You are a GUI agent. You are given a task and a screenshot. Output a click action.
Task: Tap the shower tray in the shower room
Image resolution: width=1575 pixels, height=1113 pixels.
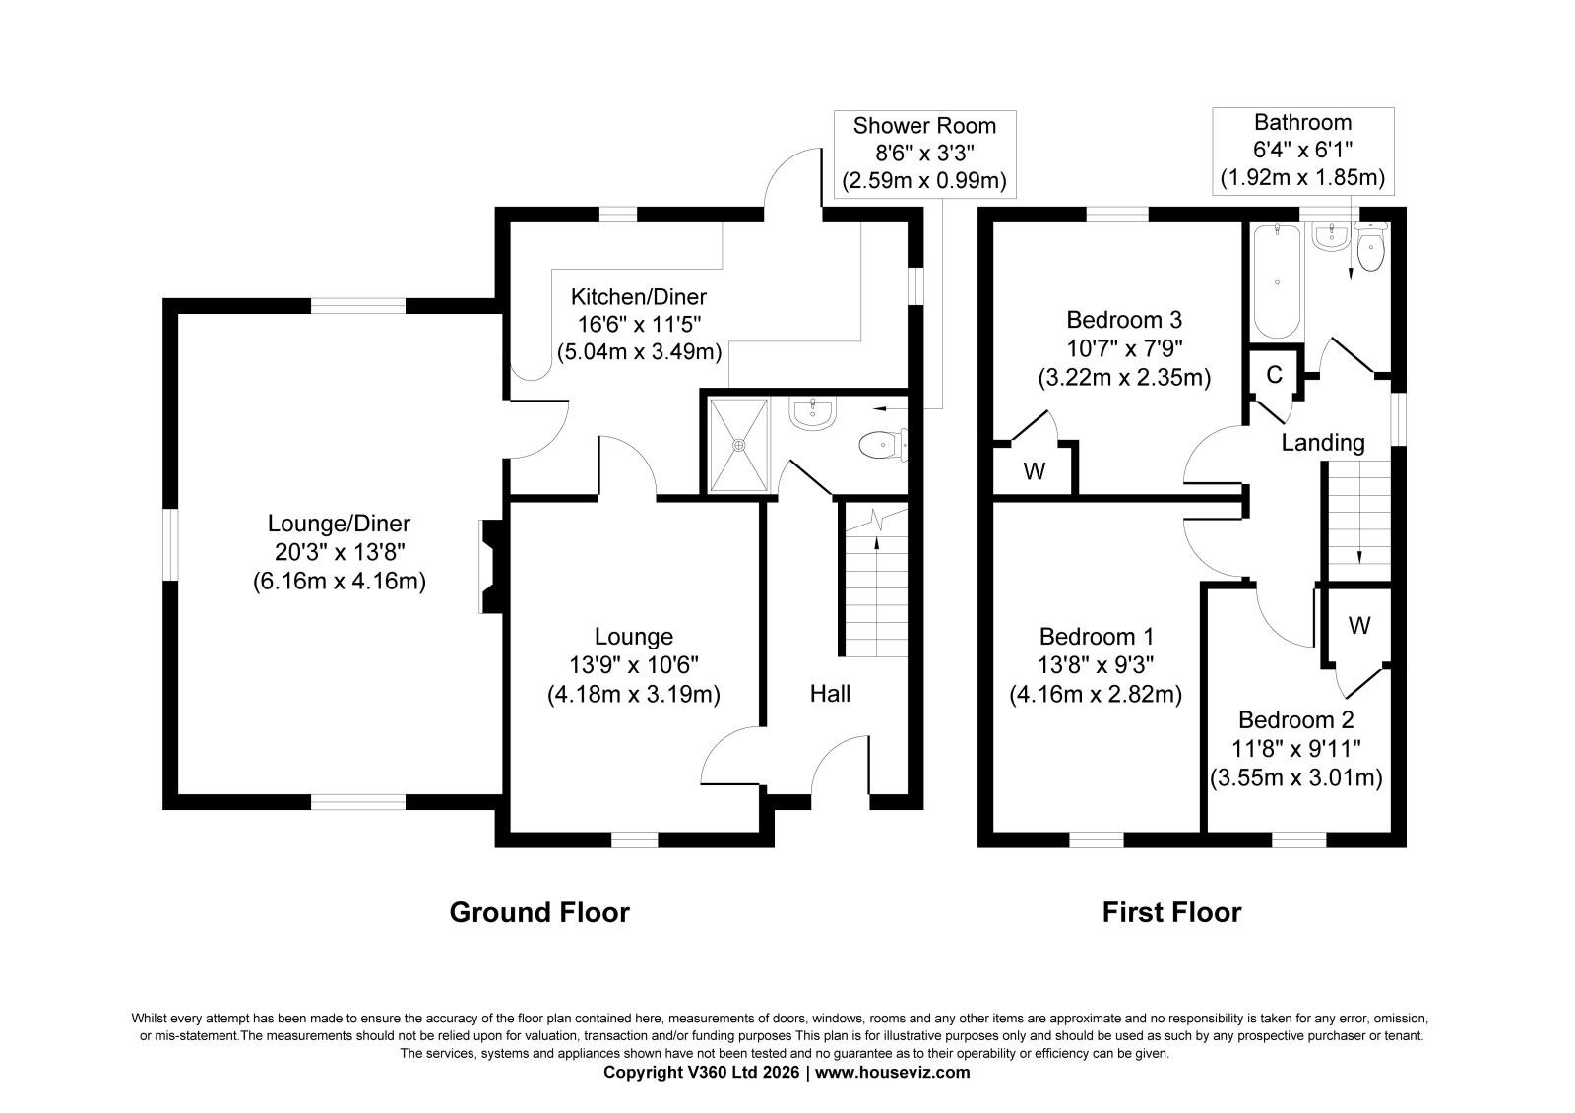[738, 445]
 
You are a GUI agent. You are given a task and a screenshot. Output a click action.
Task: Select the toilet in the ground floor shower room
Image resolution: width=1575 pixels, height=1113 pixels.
[883, 445]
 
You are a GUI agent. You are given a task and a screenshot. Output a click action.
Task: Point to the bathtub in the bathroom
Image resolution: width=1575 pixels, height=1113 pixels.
[1277, 281]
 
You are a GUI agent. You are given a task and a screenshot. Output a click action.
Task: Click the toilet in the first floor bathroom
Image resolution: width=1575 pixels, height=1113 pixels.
[1370, 247]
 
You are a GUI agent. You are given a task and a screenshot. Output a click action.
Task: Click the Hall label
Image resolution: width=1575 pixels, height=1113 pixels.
[830, 694]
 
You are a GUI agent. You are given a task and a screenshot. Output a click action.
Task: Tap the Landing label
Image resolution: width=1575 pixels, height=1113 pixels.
[1323, 443]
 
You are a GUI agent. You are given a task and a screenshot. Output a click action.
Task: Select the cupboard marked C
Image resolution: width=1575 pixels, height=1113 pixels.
[1274, 375]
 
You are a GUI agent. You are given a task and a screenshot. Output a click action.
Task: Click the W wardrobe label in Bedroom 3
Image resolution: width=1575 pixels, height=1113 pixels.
[1035, 471]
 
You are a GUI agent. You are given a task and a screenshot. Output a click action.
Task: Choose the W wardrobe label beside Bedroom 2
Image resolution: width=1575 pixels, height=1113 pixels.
[1359, 625]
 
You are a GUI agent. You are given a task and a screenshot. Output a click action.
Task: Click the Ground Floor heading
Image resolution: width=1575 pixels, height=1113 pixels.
[539, 912]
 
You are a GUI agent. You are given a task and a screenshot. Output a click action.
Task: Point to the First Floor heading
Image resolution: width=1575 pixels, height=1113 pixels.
[1171, 912]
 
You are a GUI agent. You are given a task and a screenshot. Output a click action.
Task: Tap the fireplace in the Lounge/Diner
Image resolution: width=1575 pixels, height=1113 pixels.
[492, 566]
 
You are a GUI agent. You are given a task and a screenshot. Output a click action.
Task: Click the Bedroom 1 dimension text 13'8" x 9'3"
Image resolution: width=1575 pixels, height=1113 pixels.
[1097, 665]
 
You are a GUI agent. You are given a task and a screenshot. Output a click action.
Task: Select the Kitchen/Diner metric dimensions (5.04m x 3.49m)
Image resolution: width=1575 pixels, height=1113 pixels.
[639, 351]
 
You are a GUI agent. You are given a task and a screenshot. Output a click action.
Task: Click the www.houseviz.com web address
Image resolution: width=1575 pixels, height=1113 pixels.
[892, 1073]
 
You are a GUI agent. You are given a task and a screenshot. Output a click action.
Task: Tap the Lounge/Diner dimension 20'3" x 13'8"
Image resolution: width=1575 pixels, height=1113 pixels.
[340, 553]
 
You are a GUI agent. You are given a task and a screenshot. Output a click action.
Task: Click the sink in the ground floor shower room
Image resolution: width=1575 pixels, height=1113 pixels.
[813, 412]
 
